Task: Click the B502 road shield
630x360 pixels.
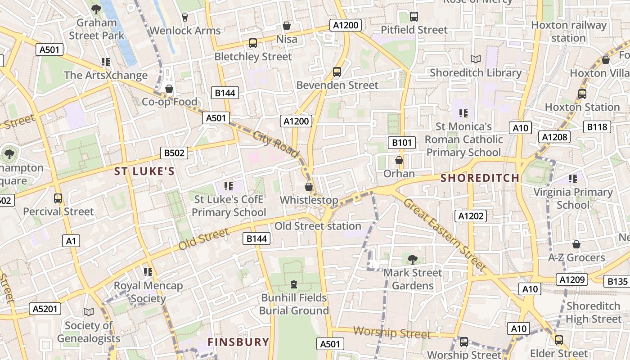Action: tap(174, 153)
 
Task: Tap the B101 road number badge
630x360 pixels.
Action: tap(402, 143)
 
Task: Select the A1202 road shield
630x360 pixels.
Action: tap(471, 216)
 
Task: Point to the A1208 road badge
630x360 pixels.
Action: tap(555, 137)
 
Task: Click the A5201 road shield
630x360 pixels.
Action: tap(45, 309)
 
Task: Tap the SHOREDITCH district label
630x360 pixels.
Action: tap(480, 178)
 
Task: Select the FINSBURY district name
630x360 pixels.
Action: tap(238, 342)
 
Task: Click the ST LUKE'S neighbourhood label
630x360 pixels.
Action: tap(144, 171)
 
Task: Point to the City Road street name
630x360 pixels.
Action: tap(276, 144)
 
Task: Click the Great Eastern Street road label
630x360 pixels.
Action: tap(445, 235)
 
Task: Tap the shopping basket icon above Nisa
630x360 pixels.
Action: tap(287, 26)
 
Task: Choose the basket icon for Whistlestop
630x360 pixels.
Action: tap(309, 187)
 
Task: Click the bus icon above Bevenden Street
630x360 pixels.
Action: tap(337, 72)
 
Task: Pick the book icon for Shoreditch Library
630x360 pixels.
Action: tap(476, 59)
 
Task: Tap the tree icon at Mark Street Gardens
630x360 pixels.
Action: tap(412, 259)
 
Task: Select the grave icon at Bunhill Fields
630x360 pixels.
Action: tap(294, 284)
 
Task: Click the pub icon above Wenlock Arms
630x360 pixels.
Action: tap(184, 18)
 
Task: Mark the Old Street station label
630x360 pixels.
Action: tap(318, 226)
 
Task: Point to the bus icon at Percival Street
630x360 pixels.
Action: tap(58, 198)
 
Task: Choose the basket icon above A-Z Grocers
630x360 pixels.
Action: tap(576, 244)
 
